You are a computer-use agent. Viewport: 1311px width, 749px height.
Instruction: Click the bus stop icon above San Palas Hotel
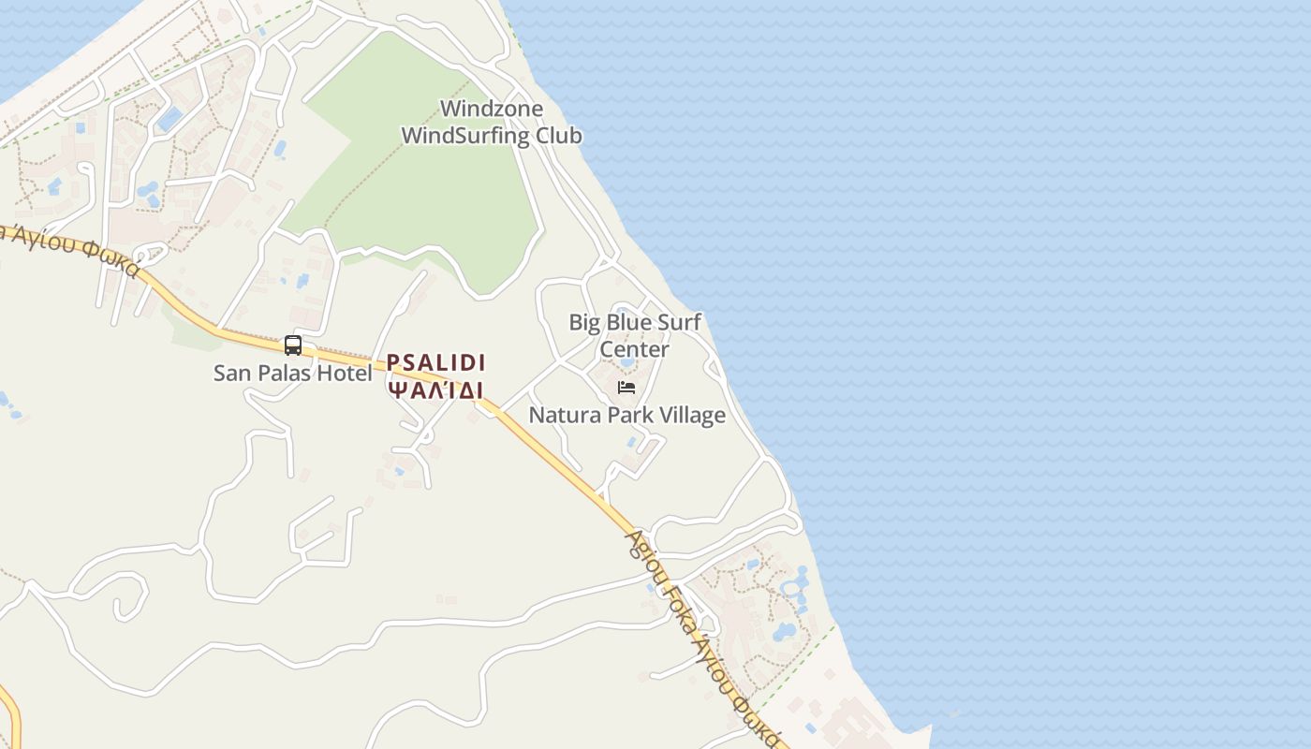293,345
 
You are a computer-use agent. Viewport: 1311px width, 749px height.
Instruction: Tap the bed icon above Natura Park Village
626,388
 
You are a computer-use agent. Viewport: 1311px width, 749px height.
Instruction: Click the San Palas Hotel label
292,373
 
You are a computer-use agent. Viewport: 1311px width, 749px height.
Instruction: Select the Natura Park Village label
626,415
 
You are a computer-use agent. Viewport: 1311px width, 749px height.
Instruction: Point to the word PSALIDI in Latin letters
436,362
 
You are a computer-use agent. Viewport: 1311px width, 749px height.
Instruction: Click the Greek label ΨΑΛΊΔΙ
436,389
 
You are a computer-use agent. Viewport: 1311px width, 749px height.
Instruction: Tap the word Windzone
492,109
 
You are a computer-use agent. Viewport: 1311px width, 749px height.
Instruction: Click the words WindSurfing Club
492,136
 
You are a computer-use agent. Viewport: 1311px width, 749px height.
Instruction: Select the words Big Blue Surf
635,323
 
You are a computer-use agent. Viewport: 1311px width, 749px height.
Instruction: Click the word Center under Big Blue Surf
634,349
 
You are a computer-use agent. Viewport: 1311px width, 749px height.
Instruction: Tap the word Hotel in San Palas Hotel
346,373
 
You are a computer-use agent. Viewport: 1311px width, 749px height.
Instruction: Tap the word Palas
287,373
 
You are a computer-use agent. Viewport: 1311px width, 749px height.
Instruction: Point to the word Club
558,136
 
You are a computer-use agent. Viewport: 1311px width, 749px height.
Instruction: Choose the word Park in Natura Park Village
627,415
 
